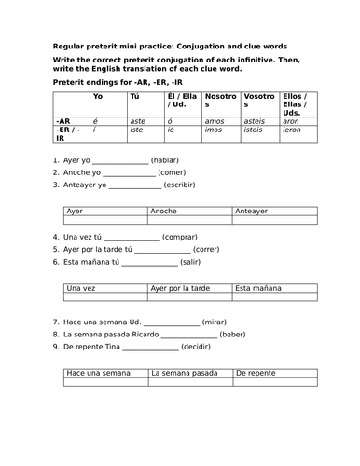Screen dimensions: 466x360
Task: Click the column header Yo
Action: coord(98,96)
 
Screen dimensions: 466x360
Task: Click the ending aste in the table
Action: coord(137,120)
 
